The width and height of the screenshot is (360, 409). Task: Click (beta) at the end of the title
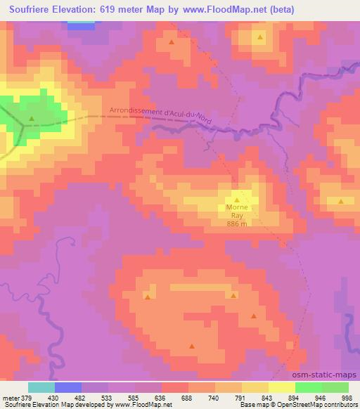click(x=277, y=10)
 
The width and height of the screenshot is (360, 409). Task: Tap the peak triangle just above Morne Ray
click(x=237, y=200)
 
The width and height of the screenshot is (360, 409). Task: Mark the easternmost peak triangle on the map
click(x=341, y=202)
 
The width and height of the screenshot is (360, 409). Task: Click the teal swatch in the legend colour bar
click(x=41, y=387)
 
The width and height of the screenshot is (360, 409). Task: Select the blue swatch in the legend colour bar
click(x=67, y=387)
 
